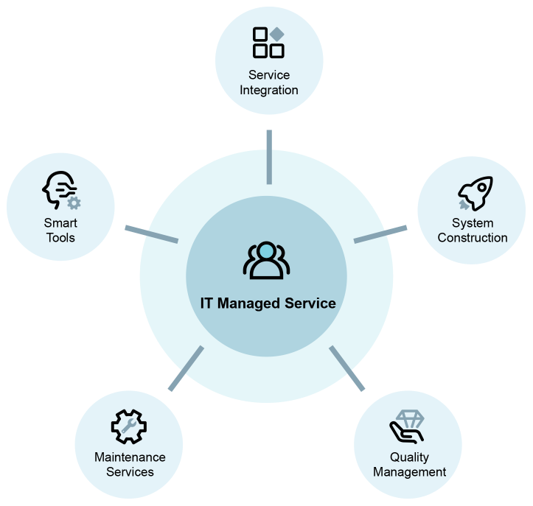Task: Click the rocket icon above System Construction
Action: (475, 193)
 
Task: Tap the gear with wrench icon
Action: (129, 426)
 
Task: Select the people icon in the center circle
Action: (267, 260)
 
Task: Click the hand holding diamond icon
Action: (407, 427)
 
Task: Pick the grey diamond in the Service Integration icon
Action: (277, 34)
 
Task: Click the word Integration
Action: (269, 91)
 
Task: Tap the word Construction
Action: (473, 238)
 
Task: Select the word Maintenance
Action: (130, 457)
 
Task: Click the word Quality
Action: (409, 457)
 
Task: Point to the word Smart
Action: (60, 222)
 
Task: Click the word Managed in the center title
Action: (249, 303)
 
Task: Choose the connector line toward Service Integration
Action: (269, 157)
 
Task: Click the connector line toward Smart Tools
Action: (152, 234)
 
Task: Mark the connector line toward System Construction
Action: (380, 234)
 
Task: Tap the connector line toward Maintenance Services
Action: (187, 368)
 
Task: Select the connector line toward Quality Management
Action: (346, 368)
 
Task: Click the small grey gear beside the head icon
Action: (74, 203)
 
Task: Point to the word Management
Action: (409, 472)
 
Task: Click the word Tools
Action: (60, 238)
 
